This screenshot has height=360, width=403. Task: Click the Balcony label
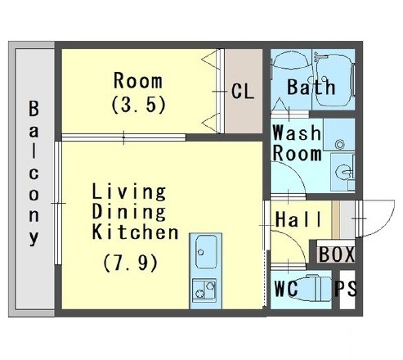34,173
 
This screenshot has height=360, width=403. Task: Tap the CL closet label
243,91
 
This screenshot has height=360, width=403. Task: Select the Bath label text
311,87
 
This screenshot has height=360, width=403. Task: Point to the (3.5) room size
138,105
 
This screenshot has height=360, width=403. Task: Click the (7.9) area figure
130,263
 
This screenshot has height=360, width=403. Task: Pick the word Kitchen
135,232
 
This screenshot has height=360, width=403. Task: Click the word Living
129,191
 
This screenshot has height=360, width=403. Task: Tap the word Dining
129,212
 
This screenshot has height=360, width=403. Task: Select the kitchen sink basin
206,252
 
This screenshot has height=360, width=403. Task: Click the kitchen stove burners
204,290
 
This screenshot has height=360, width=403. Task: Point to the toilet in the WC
313,288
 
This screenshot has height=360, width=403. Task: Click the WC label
286,288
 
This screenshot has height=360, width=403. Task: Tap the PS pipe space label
346,288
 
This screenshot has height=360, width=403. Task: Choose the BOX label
337,254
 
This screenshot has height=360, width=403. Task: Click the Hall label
298,219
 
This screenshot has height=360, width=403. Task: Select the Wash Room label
297,143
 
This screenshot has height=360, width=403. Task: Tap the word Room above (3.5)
138,81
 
